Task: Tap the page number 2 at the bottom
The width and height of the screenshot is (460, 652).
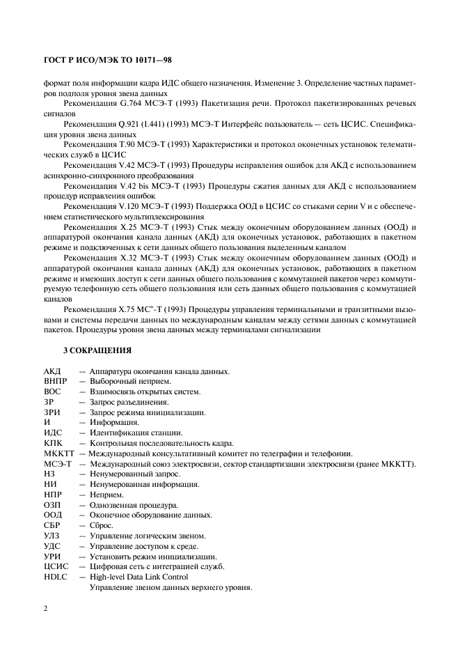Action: [x=45, y=607]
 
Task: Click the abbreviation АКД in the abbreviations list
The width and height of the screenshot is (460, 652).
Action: [x=53, y=371]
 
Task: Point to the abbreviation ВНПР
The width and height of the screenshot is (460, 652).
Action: [x=56, y=382]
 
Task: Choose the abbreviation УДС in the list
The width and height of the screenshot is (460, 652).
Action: [x=53, y=546]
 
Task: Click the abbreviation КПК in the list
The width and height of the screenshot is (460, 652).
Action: [x=53, y=443]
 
